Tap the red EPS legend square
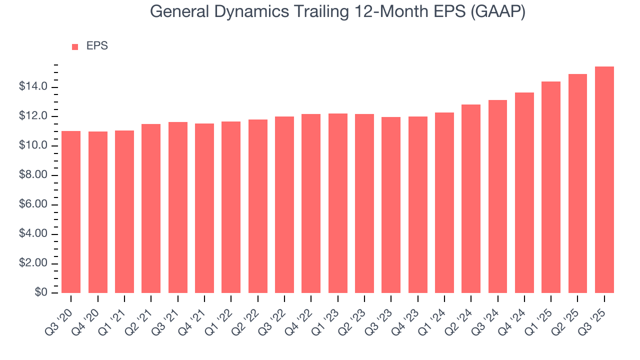pos(75,46)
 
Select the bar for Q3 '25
pos(604,180)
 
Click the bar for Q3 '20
pos(71,212)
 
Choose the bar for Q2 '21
pos(151,208)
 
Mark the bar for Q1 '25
pos(551,187)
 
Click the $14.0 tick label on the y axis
pos(33,87)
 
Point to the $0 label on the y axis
pos(40,293)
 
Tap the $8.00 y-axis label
pos(33,175)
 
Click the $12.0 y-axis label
pos(33,116)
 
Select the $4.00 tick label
pos(33,234)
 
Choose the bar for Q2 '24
pos(471,198)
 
